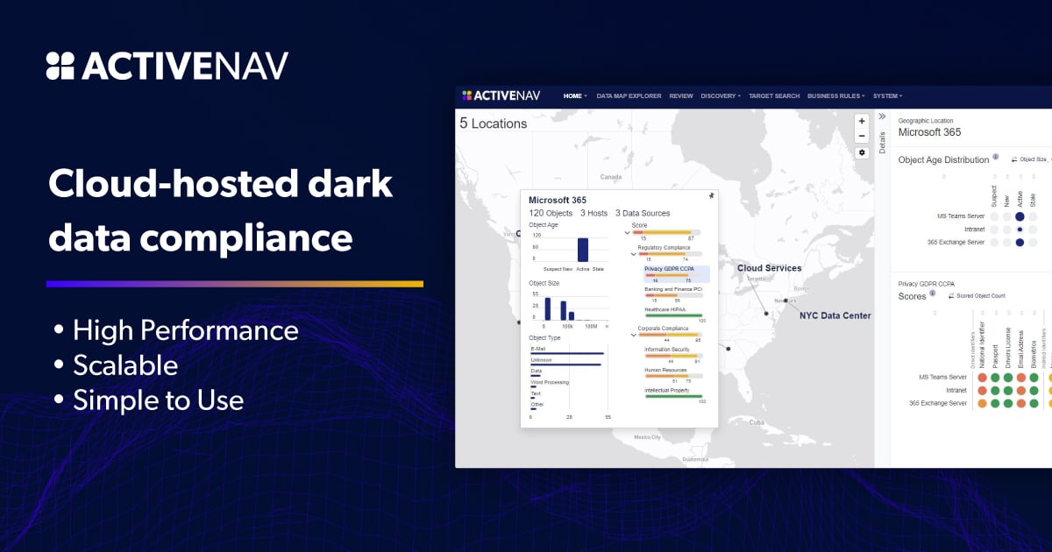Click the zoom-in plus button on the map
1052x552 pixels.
pyautogui.click(x=862, y=121)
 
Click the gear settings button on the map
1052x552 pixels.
pyautogui.click(x=862, y=152)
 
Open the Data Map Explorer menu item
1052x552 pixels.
pyautogui.click(x=629, y=96)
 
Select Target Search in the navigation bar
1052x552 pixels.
pyautogui.click(x=774, y=96)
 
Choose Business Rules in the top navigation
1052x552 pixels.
pyautogui.click(x=835, y=96)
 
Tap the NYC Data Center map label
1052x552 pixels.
pyautogui.click(x=835, y=315)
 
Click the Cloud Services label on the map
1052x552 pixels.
pyautogui.click(x=769, y=268)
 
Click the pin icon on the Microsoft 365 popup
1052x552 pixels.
pyautogui.click(x=711, y=196)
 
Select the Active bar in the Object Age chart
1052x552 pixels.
pyautogui.click(x=582, y=250)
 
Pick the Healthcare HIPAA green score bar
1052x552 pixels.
pyautogui.click(x=673, y=315)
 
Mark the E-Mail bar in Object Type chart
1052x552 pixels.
pyautogui.click(x=567, y=353)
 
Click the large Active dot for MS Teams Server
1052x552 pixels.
pyautogui.click(x=1020, y=216)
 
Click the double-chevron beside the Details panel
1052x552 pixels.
pyautogui.click(x=882, y=117)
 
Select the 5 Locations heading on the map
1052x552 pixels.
pyautogui.click(x=494, y=124)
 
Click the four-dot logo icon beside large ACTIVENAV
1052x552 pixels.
pyautogui.click(x=60, y=67)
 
